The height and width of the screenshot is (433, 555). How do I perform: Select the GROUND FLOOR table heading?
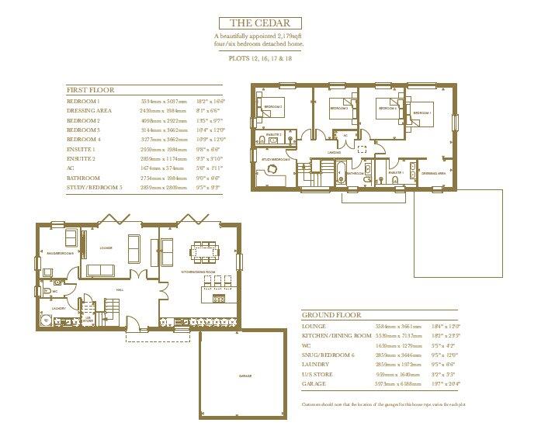(x=330, y=316)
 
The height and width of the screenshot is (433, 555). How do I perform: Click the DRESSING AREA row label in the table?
(x=88, y=112)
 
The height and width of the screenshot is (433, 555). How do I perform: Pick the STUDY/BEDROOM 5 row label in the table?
(x=95, y=187)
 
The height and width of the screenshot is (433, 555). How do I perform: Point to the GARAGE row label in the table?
(x=314, y=383)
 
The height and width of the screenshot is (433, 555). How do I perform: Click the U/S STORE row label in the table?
(x=315, y=373)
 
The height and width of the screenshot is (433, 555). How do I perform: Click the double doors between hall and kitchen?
(x=161, y=286)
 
